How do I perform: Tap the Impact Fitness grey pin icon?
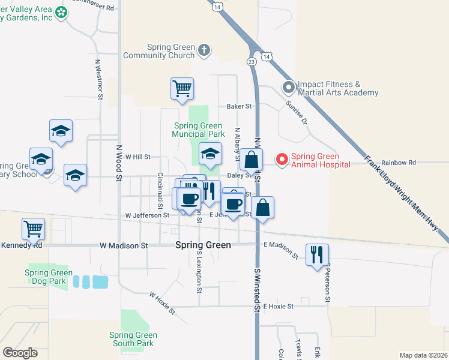[289, 88]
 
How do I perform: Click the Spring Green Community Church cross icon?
[204, 50]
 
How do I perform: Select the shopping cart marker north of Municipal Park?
[182, 89]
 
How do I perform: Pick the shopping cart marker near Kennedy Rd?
[33, 229]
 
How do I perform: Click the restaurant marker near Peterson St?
[317, 254]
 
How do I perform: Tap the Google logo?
[20, 353]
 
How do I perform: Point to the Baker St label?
[238, 106]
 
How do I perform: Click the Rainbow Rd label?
[398, 163]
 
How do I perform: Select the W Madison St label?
[124, 245]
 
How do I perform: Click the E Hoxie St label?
[277, 306]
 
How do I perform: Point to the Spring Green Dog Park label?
[49, 276]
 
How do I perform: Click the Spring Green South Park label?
[133, 339]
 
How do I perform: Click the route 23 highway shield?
[251, 62]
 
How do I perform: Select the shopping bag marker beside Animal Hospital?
[252, 161]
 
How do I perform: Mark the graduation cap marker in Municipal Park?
[210, 154]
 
